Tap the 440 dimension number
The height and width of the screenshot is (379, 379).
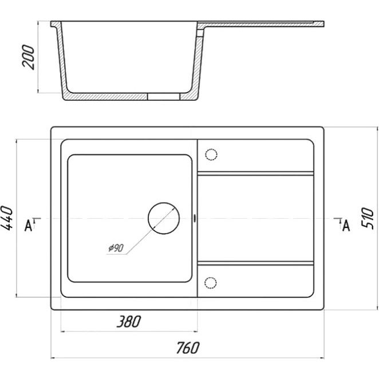[x=7, y=218]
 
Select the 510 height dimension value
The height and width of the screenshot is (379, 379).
[x=368, y=218]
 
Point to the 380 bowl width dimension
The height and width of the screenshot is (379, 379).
[x=129, y=322]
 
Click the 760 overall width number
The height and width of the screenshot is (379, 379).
[x=188, y=348]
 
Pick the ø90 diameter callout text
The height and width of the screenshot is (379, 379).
[x=116, y=248]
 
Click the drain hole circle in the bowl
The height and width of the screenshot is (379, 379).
[x=164, y=218]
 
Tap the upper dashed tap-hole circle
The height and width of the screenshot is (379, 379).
[x=211, y=155]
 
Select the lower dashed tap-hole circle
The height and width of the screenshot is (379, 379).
[x=211, y=283]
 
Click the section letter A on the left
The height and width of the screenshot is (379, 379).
[x=28, y=226]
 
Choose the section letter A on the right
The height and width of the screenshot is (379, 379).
[x=346, y=226]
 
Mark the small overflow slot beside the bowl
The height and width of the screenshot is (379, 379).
[x=195, y=218]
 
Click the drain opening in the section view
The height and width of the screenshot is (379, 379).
[x=164, y=96]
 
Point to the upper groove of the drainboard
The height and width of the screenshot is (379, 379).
[x=256, y=173]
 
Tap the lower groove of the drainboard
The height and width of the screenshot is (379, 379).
[x=256, y=263]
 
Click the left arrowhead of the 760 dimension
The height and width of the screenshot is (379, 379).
[x=53, y=358]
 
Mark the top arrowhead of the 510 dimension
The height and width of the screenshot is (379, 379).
[x=377, y=129]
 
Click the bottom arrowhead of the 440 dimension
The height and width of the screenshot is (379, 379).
[x=17, y=295]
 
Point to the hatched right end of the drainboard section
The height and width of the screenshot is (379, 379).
[x=319, y=24]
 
